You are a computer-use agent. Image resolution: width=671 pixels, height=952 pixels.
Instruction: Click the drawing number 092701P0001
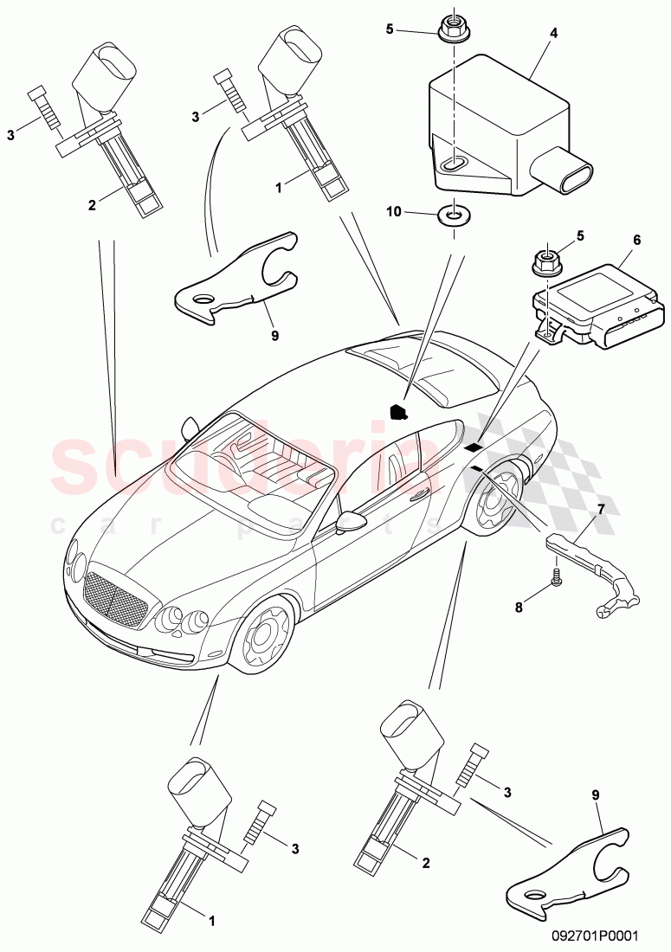point(599,935)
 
